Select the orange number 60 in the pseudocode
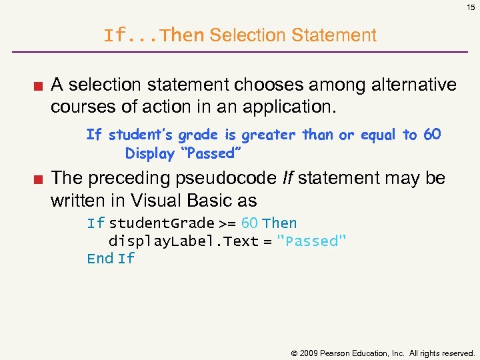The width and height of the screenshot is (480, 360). tap(432, 135)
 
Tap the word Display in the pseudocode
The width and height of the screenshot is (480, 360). tap(149, 153)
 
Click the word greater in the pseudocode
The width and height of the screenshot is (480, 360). tap(268, 135)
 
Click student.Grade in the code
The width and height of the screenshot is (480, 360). tap(161, 223)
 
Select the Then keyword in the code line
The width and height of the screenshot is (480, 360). tap(280, 223)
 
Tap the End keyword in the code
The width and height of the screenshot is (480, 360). tap(100, 259)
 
